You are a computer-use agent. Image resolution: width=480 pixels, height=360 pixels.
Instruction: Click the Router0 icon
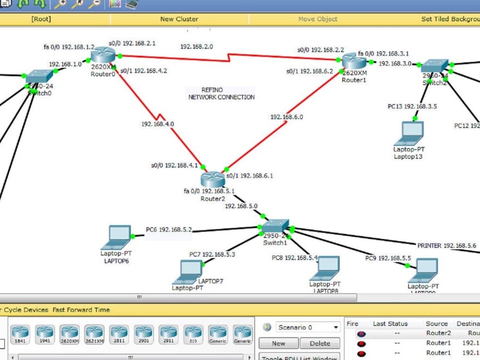pyautogui.click(x=103, y=56)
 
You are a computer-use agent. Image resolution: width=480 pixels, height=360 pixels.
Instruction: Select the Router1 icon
pyautogui.click(x=354, y=61)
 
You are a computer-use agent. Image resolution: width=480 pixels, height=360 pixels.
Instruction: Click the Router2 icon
pyautogui.click(x=212, y=180)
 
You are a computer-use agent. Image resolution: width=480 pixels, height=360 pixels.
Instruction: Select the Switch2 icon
pyautogui.click(x=434, y=66)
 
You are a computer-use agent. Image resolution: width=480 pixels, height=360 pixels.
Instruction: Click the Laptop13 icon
pyautogui.click(x=408, y=133)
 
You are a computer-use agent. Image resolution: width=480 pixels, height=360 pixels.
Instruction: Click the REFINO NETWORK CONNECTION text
pyautogui.click(x=221, y=94)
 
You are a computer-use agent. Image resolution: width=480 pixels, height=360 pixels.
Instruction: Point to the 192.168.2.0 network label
pyautogui.click(x=196, y=47)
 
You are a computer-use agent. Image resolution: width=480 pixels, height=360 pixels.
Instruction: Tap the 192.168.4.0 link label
pyautogui.click(x=157, y=124)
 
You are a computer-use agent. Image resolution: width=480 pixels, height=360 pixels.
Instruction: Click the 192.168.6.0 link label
pyautogui.click(x=287, y=117)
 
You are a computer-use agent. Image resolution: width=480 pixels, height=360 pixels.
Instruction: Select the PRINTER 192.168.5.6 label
pyautogui.click(x=446, y=245)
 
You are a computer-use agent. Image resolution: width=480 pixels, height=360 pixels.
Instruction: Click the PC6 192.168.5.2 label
pyautogui.click(x=169, y=229)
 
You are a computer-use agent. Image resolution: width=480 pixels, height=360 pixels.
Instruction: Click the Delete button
pyautogui.click(x=320, y=343)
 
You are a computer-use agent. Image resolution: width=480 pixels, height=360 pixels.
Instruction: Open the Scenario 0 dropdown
pyautogui.click(x=308, y=327)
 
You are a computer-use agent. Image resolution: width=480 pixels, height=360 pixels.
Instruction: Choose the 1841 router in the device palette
pyautogui.click(x=20, y=334)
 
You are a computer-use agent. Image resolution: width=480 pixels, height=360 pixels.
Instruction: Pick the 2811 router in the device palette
pyautogui.click(x=119, y=334)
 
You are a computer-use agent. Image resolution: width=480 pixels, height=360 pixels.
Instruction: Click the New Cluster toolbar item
pyautogui.click(x=179, y=19)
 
